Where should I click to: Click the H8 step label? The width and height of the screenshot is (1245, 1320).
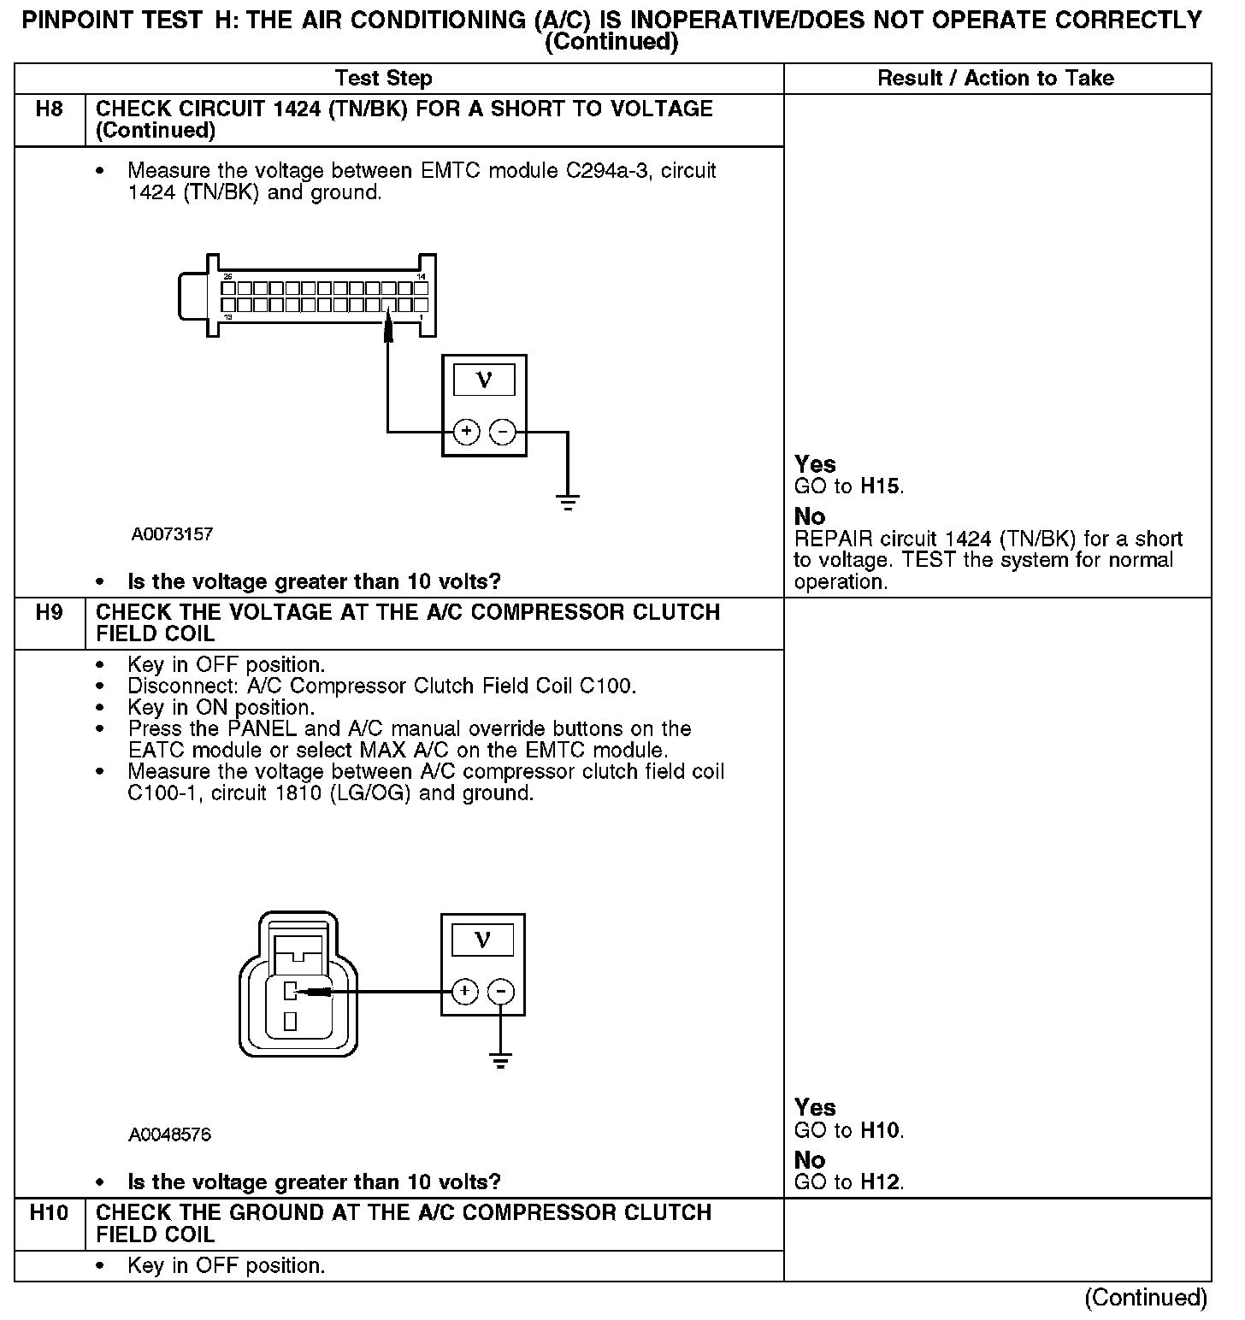[50, 109]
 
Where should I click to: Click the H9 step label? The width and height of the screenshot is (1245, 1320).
[50, 613]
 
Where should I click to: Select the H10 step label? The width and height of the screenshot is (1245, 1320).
[49, 1213]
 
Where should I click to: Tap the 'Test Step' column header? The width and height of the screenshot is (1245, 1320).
[384, 79]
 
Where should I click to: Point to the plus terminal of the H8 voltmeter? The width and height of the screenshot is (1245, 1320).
[466, 432]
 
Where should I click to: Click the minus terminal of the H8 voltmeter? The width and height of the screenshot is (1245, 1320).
[502, 432]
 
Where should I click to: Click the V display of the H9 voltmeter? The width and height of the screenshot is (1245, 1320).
[482, 940]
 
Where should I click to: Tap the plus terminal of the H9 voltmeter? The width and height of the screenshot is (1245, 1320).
[464, 992]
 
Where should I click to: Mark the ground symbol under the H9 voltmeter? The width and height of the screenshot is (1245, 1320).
[501, 1061]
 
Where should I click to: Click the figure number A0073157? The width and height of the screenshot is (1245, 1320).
[172, 534]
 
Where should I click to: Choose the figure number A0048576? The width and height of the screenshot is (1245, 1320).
[170, 1135]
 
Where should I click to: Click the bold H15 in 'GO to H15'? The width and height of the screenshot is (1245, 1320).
[880, 487]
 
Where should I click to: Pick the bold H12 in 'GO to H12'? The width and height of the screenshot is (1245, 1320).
[880, 1182]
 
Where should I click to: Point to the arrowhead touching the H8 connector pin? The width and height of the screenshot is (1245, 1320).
[388, 323]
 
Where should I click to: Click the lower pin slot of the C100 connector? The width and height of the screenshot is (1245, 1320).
[291, 1021]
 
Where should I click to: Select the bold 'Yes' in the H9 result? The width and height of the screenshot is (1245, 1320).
[815, 1108]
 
